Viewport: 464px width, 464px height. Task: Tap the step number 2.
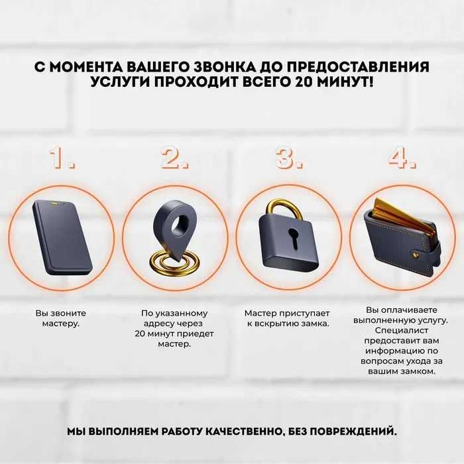[174, 158]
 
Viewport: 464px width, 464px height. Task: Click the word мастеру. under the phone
[60, 323]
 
